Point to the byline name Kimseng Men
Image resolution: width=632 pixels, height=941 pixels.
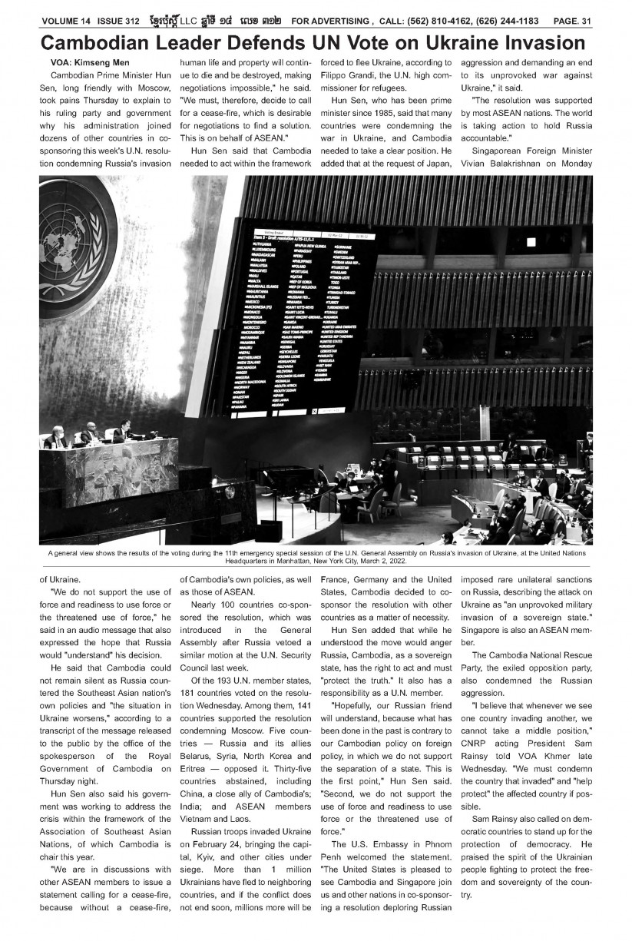coord(106,61)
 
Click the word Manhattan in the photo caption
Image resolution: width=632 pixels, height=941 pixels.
coord(284,560)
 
